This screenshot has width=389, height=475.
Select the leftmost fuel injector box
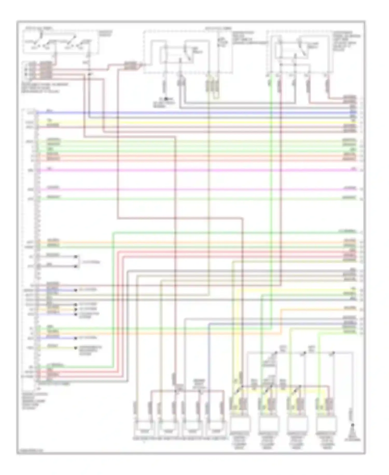[143, 431]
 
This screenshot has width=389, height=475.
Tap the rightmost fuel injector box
[215, 431]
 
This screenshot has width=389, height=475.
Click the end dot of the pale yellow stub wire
[76, 348]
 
